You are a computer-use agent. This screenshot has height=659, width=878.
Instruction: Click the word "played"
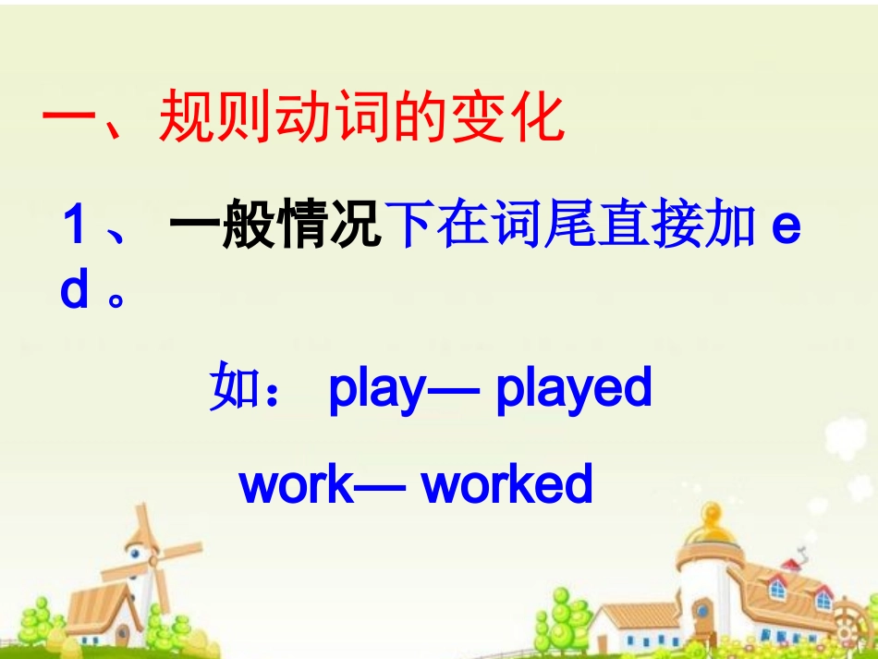coord(574,389)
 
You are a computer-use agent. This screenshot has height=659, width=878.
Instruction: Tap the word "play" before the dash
coord(374,389)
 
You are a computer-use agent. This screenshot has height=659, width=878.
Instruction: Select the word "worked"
coord(506,483)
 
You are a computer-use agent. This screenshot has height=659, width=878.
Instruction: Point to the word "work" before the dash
coord(296,483)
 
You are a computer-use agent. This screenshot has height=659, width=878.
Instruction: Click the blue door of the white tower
coord(703,614)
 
